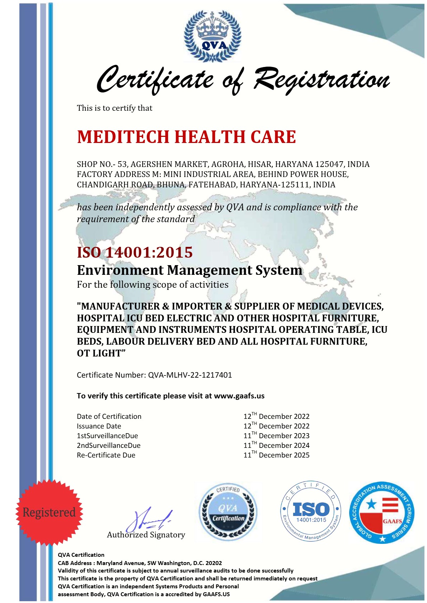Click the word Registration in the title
pos(322,79)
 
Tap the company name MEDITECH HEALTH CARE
pos(186,137)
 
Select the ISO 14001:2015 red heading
pos(135,252)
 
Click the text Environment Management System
pos(189,270)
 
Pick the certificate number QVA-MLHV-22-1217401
pos(190,375)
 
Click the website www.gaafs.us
pos(239,396)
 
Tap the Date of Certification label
pos(109,416)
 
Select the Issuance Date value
pos(276,426)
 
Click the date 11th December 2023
pos(276,436)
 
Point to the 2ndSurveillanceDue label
pos(109,445)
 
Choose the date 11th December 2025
pos(276,455)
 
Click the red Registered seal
pos(49,512)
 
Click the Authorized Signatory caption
pos(146,535)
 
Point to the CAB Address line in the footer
pos(140,563)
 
